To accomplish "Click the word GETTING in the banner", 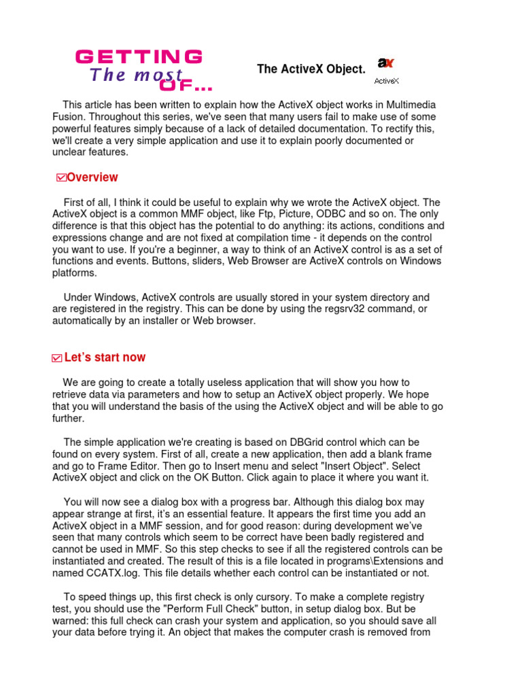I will click(x=139, y=56).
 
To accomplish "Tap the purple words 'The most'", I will click(x=136, y=75).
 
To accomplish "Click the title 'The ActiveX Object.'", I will click(x=311, y=69).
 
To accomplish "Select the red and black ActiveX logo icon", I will click(x=386, y=64).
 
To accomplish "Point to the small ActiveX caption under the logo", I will click(x=386, y=81).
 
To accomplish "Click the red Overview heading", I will click(x=92, y=177).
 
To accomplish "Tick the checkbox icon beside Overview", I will click(x=61, y=178).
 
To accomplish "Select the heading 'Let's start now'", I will click(x=105, y=358).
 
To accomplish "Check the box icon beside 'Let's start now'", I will click(x=57, y=358).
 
